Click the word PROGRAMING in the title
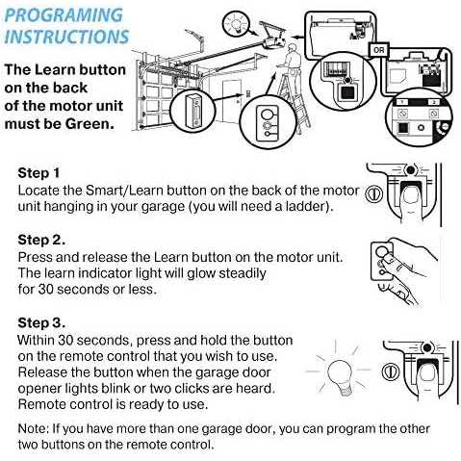coord(64,15)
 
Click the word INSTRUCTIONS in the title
coord(66,37)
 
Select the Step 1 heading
coord(38,173)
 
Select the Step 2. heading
coord(41,240)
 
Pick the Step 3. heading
coord(41,322)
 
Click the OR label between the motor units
coord(379,50)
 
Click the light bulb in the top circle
coord(236,23)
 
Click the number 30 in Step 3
coord(65,341)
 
